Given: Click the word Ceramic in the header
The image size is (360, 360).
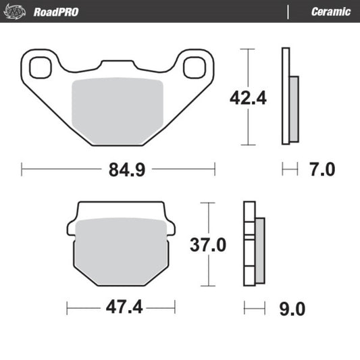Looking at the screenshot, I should click(x=330, y=11).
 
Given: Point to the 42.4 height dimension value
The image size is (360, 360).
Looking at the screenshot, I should click(x=248, y=98).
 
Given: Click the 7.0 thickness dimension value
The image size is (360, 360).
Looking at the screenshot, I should click(x=322, y=170).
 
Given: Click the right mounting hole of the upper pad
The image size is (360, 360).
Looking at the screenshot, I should click(x=196, y=66).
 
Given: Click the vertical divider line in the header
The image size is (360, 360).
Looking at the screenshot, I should click(x=288, y=11).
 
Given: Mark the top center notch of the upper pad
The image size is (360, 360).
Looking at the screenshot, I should click(x=118, y=65).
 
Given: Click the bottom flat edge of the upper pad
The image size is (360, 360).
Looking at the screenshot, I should click(x=118, y=145).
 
